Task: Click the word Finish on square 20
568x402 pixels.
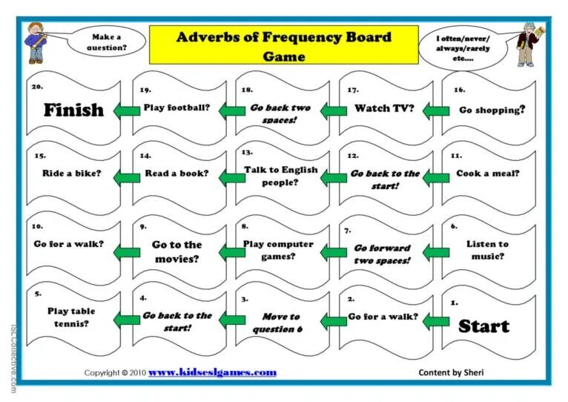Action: (x=73, y=111)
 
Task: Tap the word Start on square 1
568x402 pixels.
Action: (x=483, y=326)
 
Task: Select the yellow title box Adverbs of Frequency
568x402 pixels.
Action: (x=283, y=45)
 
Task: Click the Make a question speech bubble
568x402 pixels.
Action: (x=106, y=42)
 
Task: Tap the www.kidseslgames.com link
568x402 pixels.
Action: (x=212, y=372)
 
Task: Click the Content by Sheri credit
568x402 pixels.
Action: (x=451, y=372)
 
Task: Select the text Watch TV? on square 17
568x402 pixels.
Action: (x=383, y=108)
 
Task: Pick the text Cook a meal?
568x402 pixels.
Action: (x=488, y=174)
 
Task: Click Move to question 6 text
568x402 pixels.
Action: (x=280, y=323)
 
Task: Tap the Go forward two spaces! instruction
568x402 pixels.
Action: (x=382, y=254)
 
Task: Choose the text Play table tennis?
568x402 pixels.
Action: (x=71, y=317)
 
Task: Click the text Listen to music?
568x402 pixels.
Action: (x=487, y=250)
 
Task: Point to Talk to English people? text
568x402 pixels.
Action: (x=280, y=175)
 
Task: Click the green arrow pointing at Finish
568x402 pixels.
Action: (x=126, y=111)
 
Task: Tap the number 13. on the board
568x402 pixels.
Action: (x=246, y=152)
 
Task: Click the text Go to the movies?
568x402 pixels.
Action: (x=176, y=251)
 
